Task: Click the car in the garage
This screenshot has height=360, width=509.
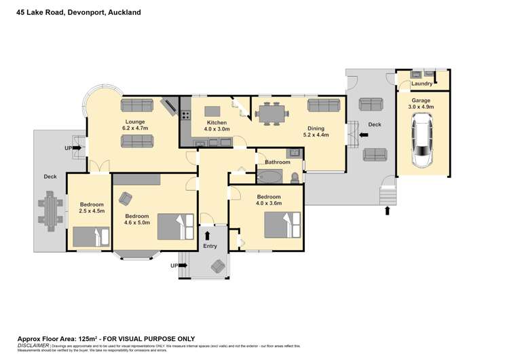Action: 422,141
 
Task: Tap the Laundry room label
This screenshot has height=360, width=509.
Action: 421,84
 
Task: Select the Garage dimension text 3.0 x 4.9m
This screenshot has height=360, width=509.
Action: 421,107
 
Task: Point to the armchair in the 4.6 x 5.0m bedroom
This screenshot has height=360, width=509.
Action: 126,198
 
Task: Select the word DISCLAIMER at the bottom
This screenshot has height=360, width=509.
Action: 33,345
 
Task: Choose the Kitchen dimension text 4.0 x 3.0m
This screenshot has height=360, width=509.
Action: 217,128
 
